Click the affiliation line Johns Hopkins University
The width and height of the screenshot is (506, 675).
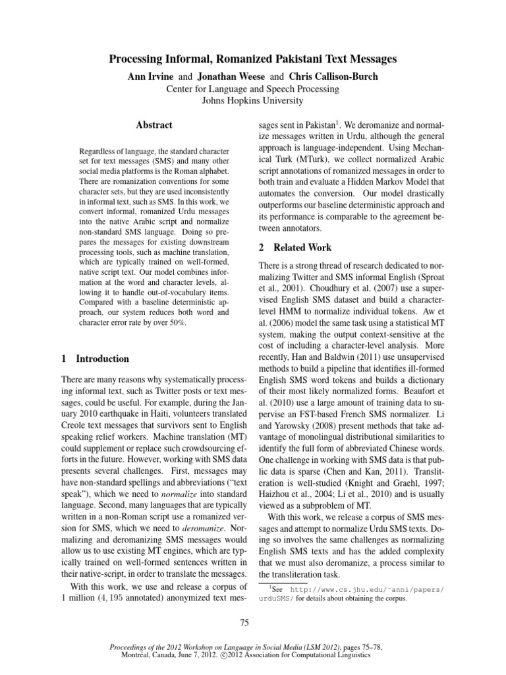[253, 100]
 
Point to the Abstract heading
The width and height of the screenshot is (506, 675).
[154, 125]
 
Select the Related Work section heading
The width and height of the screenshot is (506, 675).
[294, 247]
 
